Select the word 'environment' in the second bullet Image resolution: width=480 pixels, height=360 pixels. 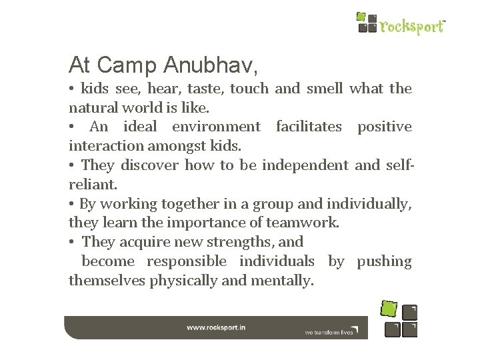(x=216, y=127)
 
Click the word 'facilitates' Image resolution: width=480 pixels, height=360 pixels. (x=308, y=127)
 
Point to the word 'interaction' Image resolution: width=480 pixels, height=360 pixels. (x=103, y=145)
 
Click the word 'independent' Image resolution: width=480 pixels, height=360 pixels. (x=305, y=165)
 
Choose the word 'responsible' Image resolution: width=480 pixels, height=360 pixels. (x=186, y=261)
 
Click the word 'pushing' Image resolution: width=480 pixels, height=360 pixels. (x=384, y=261)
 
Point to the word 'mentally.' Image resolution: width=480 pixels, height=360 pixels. (x=281, y=280)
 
